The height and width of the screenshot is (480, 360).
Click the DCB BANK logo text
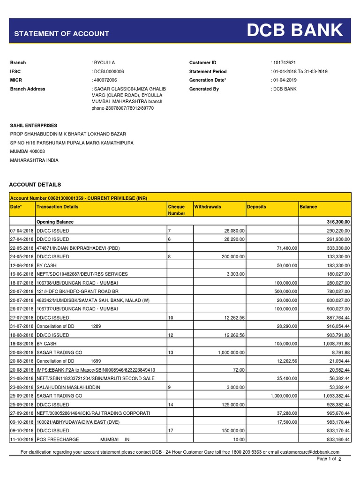coord(295,31)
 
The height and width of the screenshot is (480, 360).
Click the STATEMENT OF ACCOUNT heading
coord(61,34)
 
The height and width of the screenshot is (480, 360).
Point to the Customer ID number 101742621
coord(285,63)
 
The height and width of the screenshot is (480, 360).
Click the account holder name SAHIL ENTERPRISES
coord(34,126)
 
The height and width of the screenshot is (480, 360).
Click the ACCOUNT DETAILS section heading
coord(36,185)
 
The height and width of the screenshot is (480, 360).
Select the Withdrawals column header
coord(208,207)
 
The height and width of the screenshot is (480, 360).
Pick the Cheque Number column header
coord(176,210)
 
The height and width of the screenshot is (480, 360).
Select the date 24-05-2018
coord(22,257)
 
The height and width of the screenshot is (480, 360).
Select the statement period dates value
coord(300,71)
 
